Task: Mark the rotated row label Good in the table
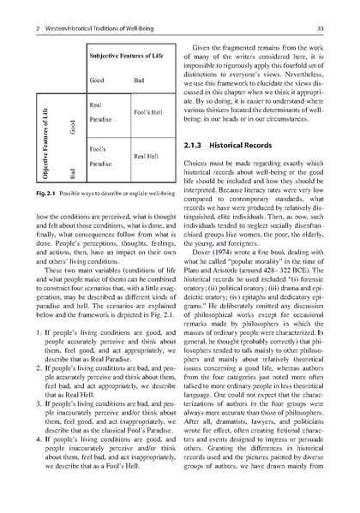[61, 134]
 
